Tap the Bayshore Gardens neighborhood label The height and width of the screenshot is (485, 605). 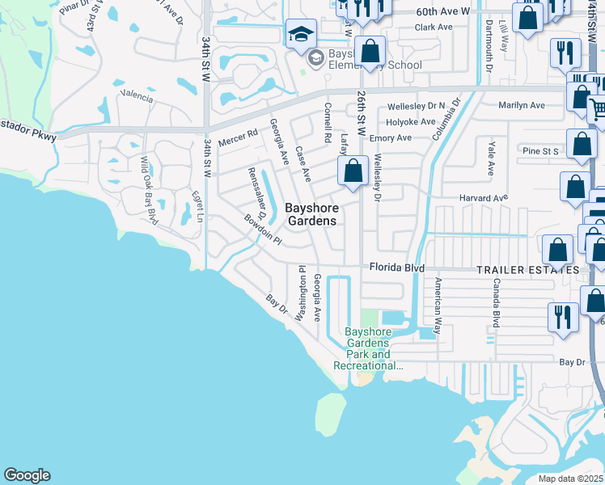pos(311,215)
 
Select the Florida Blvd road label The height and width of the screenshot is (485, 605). pos(397,268)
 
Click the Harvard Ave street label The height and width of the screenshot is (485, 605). pos(483,197)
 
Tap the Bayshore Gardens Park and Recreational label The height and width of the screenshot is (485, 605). pos(368,348)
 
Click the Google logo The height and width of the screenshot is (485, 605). pos(27,475)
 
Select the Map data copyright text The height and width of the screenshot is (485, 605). pos(571,479)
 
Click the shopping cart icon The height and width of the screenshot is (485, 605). pos(598,108)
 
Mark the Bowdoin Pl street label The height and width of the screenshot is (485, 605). pos(263,230)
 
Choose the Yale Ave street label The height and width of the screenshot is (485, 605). pos(491,157)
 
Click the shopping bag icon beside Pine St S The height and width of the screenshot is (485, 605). pos(582,145)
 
